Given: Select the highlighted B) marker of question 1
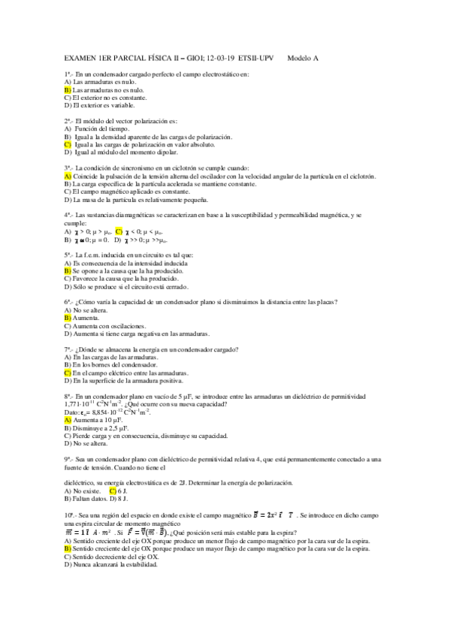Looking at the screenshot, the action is click(x=68, y=89).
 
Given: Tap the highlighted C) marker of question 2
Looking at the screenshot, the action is click(x=68, y=144).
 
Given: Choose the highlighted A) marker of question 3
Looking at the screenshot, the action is click(x=68, y=176).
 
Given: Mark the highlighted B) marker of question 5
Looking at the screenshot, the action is click(x=68, y=270).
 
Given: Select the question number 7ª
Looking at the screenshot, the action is click(x=68, y=349).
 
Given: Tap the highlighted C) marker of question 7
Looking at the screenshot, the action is click(x=68, y=373).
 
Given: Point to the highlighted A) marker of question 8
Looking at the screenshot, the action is click(x=68, y=420).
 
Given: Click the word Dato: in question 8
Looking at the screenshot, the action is click(x=72, y=412).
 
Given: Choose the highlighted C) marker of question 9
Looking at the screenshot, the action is click(x=113, y=491).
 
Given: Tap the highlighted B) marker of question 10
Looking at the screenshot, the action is click(x=68, y=548).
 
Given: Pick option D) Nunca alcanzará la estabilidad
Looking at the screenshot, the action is click(x=110, y=564).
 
